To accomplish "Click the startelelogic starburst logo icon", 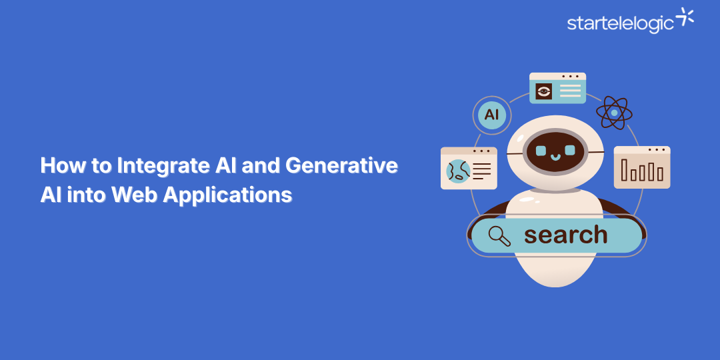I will click(685, 18).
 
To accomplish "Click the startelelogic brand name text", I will click(621, 23).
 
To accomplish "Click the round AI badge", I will click(491, 115).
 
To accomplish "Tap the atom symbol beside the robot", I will click(613, 113).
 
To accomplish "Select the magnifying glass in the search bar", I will click(499, 235).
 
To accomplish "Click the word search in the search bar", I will click(565, 235).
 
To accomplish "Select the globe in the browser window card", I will click(459, 172).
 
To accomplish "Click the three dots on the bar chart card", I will click(657, 150).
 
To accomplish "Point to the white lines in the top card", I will click(570, 91).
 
